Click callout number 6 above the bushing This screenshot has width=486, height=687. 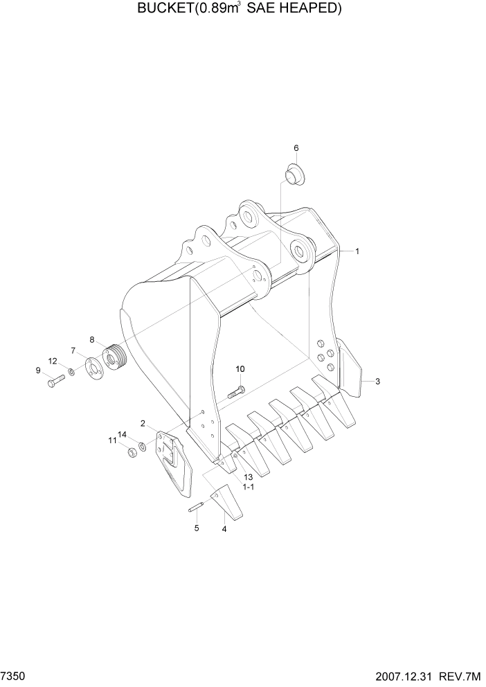[296, 148]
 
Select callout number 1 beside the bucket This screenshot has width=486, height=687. [357, 252]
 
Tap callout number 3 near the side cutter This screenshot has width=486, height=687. [377, 382]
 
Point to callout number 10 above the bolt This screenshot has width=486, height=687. [240, 369]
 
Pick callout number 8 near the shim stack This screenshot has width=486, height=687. [91, 339]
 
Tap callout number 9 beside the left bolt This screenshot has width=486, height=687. [39, 371]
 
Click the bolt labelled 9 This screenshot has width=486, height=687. [55, 380]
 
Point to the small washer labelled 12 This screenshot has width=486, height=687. [72, 374]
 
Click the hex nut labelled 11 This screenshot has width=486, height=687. [130, 452]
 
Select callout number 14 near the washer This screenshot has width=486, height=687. [122, 435]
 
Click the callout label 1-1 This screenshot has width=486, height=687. [248, 488]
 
